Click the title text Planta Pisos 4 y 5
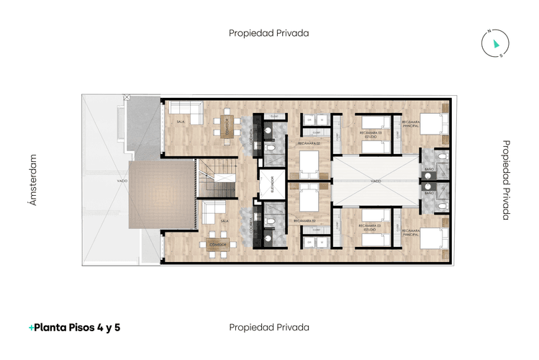[74, 327]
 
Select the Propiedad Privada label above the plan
[268, 32]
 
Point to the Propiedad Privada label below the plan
[268, 327]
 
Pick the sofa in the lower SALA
[214, 212]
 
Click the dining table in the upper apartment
[226, 125]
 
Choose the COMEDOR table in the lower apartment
[219, 246]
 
